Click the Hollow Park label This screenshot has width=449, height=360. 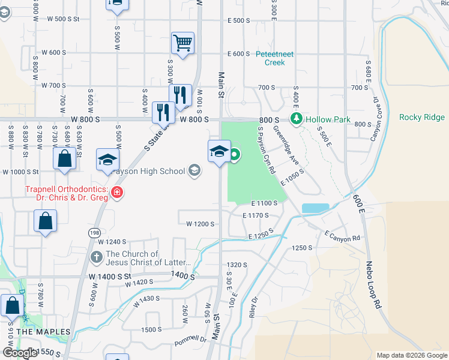(327, 119)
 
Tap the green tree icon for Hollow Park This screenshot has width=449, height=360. (295, 119)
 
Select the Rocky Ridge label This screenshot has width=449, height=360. (422, 117)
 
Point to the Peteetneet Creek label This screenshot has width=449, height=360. (274, 58)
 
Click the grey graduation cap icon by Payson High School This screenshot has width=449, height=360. (194, 171)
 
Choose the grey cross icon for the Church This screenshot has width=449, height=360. (96, 257)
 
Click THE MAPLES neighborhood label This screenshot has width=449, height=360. (40, 331)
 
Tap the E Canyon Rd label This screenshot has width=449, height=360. (342, 235)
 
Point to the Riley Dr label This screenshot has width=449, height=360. (254, 307)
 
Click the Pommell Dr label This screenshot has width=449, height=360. (190, 341)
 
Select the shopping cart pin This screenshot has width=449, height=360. (182, 43)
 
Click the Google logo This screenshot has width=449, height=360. (20, 353)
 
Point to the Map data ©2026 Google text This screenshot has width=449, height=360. (411, 355)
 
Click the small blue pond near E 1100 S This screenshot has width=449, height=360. (315, 208)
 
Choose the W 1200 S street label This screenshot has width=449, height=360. (200, 224)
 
